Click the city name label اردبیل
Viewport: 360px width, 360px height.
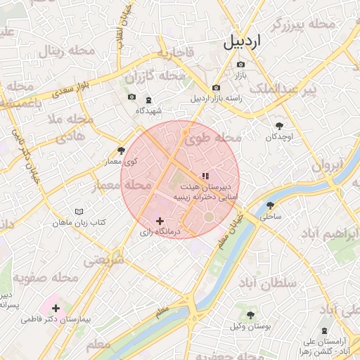(242, 41)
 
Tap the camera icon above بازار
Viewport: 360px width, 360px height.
(240, 65)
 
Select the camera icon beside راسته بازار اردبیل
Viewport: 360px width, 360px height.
(196, 87)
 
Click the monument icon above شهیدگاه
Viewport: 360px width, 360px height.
(148, 100)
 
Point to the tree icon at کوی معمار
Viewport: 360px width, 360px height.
(122, 150)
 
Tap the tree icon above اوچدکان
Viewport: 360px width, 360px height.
(279, 125)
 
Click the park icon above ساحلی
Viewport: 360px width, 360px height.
(270, 206)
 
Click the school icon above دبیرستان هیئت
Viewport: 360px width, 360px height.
(205, 176)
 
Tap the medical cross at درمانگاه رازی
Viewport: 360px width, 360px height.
(160, 221)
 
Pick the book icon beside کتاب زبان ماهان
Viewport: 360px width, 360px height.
(79, 212)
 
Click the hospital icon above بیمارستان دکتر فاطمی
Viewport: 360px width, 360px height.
(56, 308)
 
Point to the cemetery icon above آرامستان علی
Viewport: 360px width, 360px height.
(324, 330)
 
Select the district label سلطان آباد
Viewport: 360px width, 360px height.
(269, 283)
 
